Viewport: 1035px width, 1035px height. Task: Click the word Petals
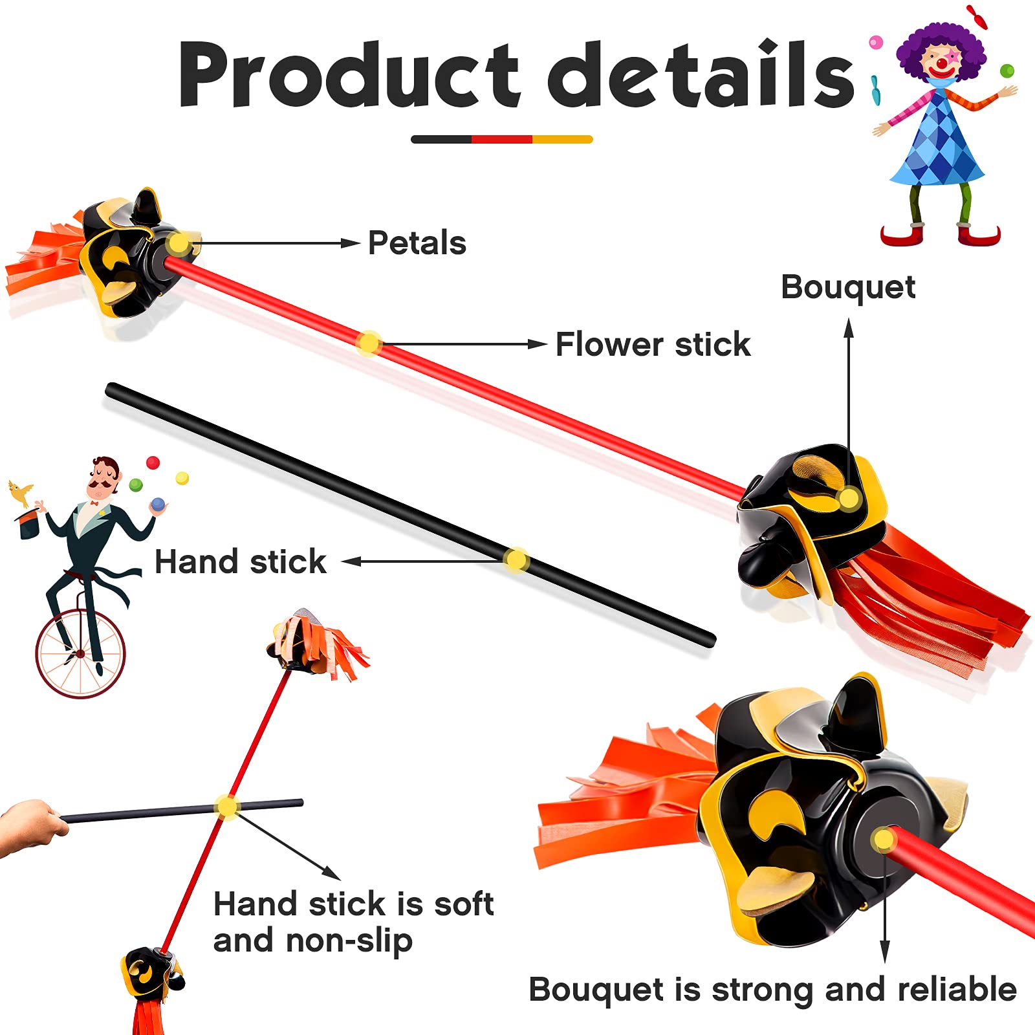[x=417, y=243]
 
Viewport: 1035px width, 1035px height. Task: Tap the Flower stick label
[x=653, y=344]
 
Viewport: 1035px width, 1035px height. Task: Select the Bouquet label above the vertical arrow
[x=848, y=287]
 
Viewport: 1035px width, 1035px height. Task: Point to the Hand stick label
[x=241, y=561]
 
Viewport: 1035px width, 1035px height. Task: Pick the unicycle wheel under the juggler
[x=80, y=653]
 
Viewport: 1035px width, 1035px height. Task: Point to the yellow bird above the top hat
[x=21, y=492]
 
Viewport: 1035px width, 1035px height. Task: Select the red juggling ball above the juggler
[x=153, y=463]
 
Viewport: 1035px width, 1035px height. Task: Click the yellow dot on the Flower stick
[x=369, y=343]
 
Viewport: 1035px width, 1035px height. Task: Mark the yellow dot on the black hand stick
[x=516, y=560]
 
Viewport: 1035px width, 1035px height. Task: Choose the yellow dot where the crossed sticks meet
[x=227, y=807]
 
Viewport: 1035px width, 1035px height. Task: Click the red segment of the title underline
[x=501, y=139]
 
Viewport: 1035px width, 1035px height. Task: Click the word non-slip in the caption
[x=349, y=941]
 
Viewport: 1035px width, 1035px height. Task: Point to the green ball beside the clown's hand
[x=1007, y=71]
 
